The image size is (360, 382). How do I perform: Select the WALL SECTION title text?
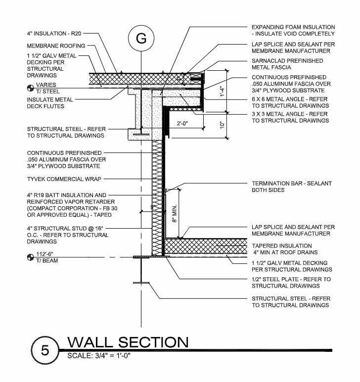point(127,342)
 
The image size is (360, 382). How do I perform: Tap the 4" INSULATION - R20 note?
point(53,34)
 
